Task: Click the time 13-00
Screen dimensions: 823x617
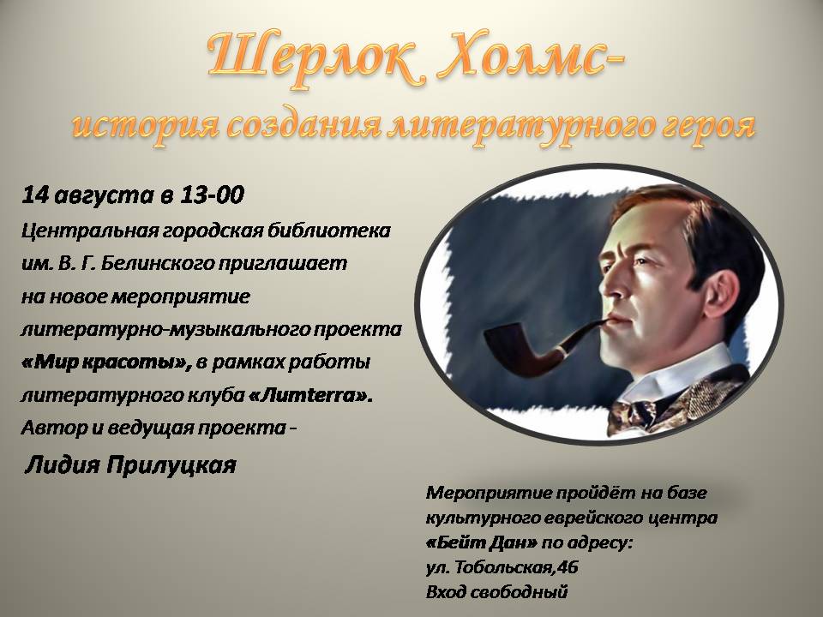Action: pos(212,195)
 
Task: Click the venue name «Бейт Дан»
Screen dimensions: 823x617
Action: pos(481,542)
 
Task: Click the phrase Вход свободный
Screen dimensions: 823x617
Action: pos(496,592)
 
